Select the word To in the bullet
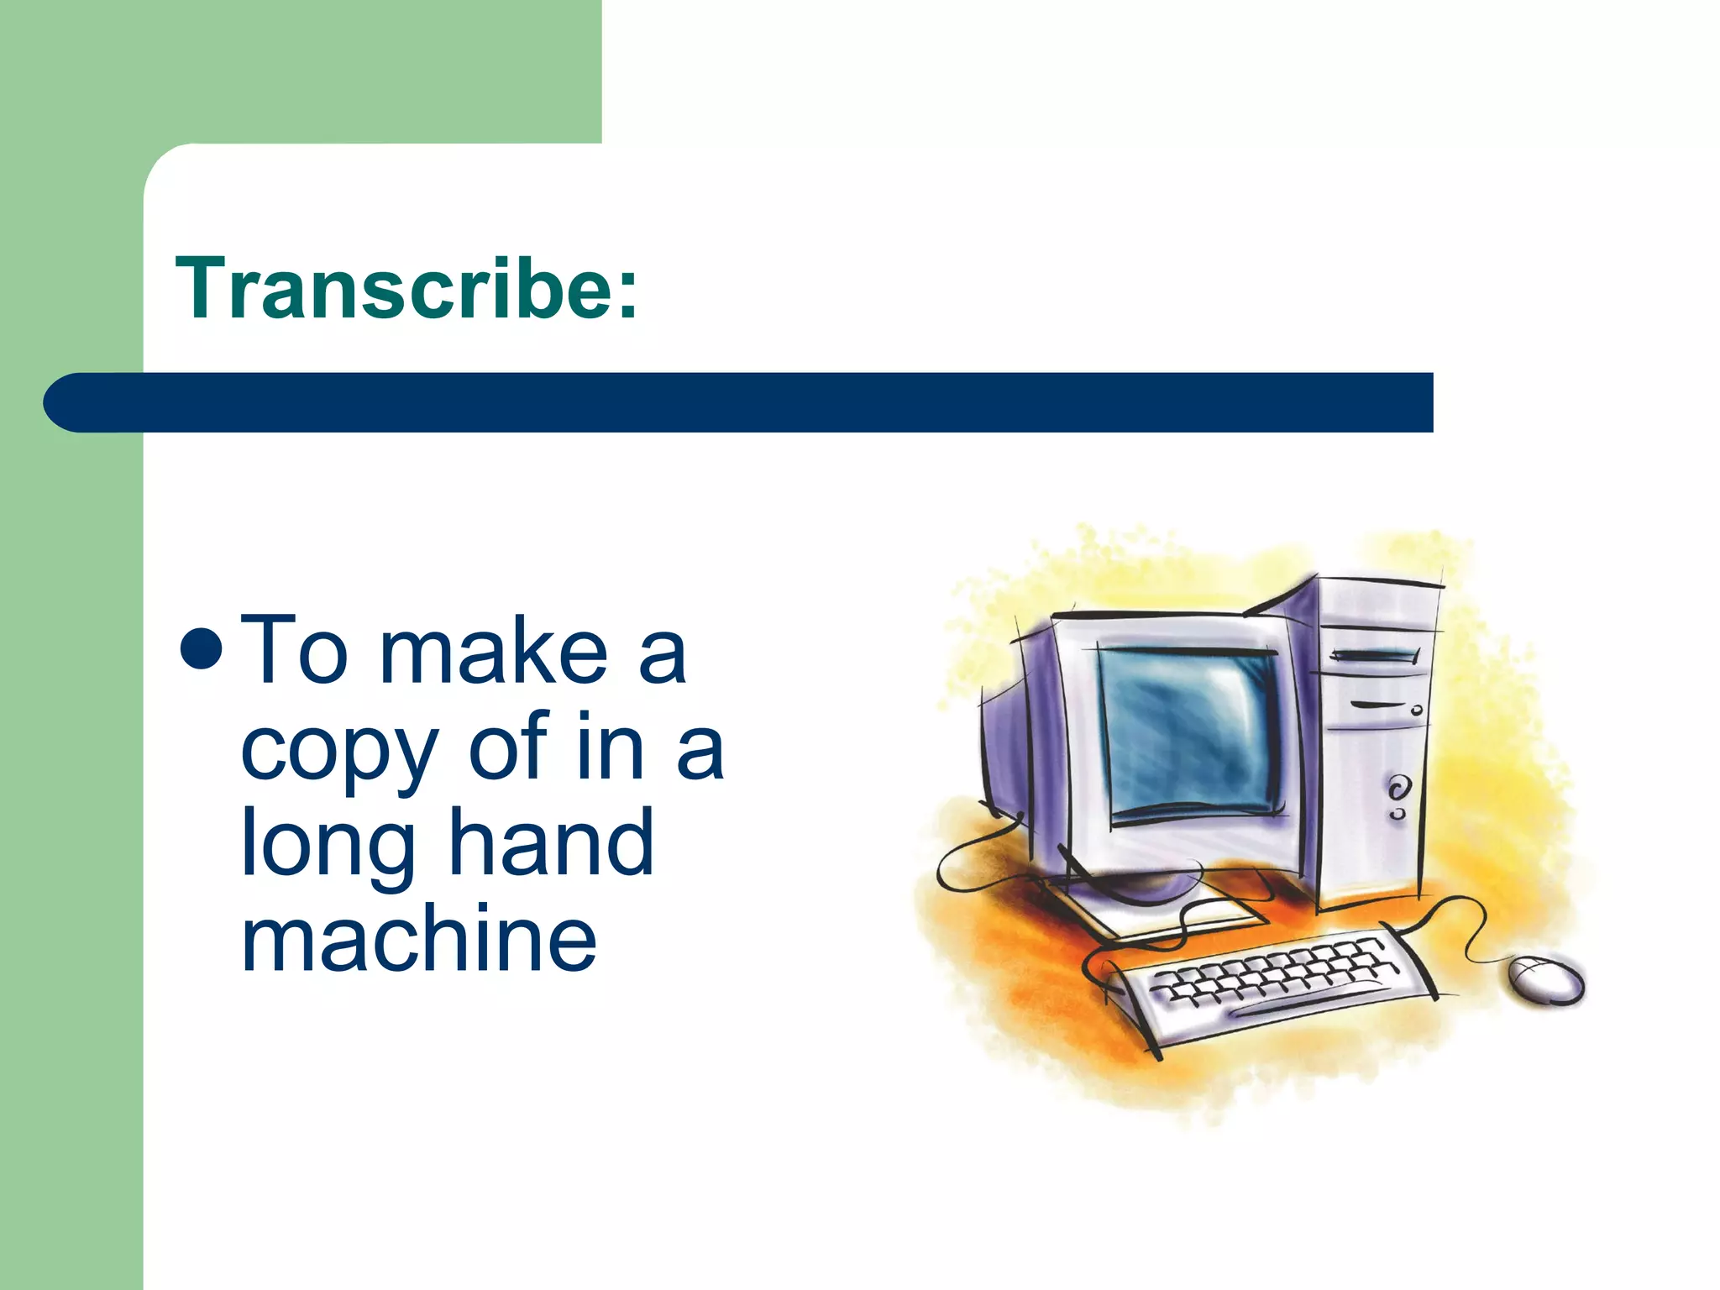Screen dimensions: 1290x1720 pos(294,651)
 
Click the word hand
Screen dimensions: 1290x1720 pos(551,842)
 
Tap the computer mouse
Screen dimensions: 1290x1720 pos(1546,978)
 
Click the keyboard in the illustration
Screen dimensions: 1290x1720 pos(1268,983)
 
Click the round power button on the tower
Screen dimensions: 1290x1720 pos(1396,789)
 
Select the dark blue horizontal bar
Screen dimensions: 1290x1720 pos(756,403)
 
